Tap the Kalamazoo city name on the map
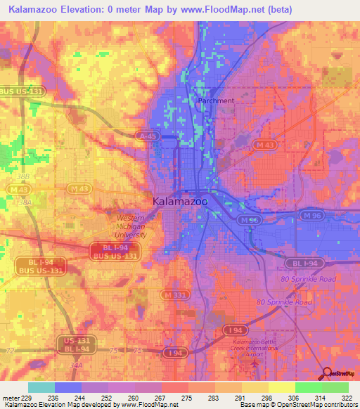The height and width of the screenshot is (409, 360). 180,201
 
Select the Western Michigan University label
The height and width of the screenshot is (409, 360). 131,226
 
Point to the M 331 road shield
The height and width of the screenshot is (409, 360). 173,294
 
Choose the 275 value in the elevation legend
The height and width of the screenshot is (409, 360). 186,397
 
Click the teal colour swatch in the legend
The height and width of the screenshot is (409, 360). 41,387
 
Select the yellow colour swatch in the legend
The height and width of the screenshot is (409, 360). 281,387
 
